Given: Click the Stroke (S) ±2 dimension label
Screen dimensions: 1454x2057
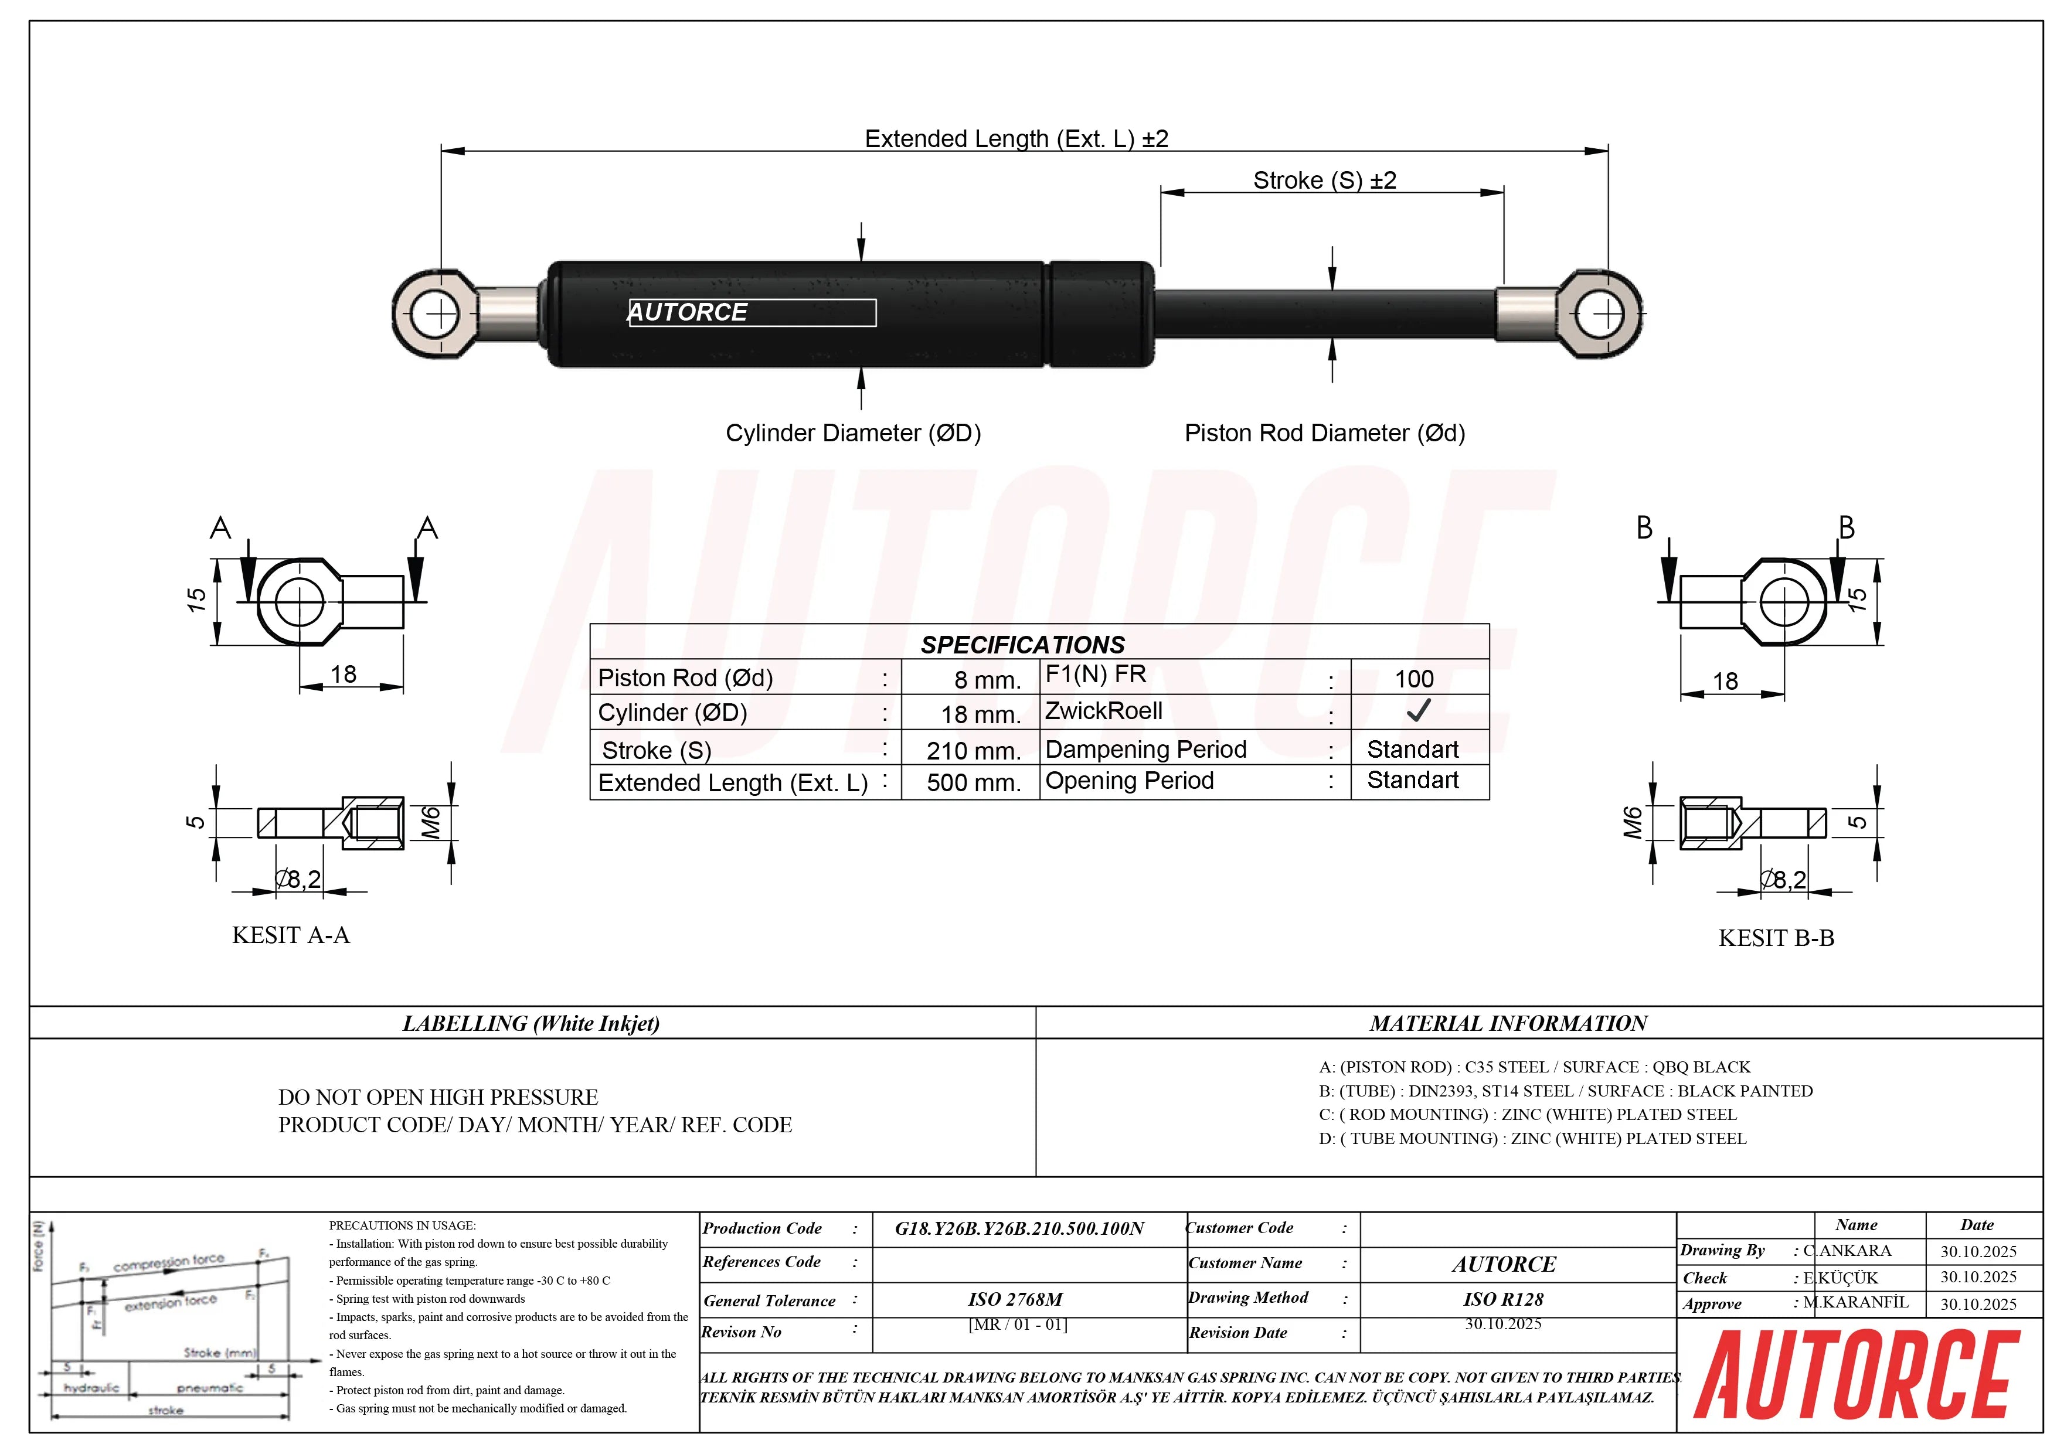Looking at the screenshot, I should coord(1324,180).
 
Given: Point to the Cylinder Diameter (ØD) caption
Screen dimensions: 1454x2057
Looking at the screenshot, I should coord(853,434).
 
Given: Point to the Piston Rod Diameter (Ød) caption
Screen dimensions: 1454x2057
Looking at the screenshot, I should coord(1324,434).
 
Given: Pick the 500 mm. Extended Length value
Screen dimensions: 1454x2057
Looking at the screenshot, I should coord(973,783).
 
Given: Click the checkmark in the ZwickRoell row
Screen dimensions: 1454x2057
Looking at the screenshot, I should coord(1417,712).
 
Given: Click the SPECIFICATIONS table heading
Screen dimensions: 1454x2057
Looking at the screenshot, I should coord(1022,645).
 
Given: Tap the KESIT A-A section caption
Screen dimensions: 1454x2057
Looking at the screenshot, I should coord(290,935).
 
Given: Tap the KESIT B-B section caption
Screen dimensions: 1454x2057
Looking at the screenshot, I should coord(1776,938).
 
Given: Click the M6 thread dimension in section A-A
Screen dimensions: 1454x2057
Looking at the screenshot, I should coord(431,822).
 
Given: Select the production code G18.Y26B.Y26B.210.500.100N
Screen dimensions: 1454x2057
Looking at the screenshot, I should coord(1019,1228).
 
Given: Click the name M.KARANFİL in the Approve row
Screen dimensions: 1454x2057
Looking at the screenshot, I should coord(1855,1303).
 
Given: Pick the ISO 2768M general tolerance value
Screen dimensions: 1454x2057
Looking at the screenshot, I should coord(1015,1299).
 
